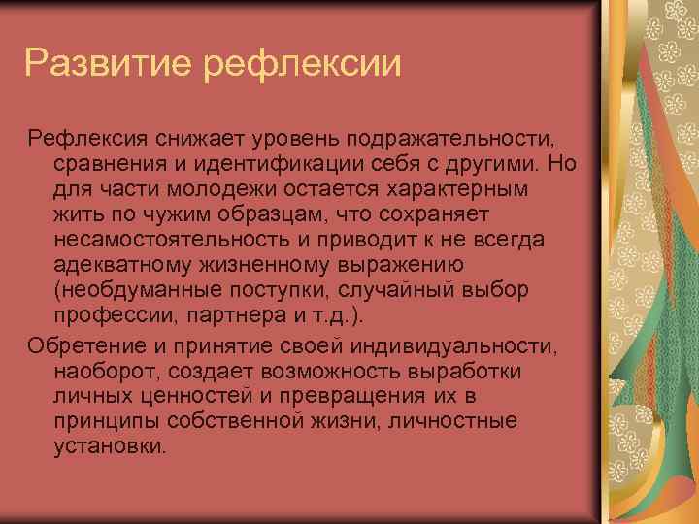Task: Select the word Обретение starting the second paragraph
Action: [81, 346]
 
